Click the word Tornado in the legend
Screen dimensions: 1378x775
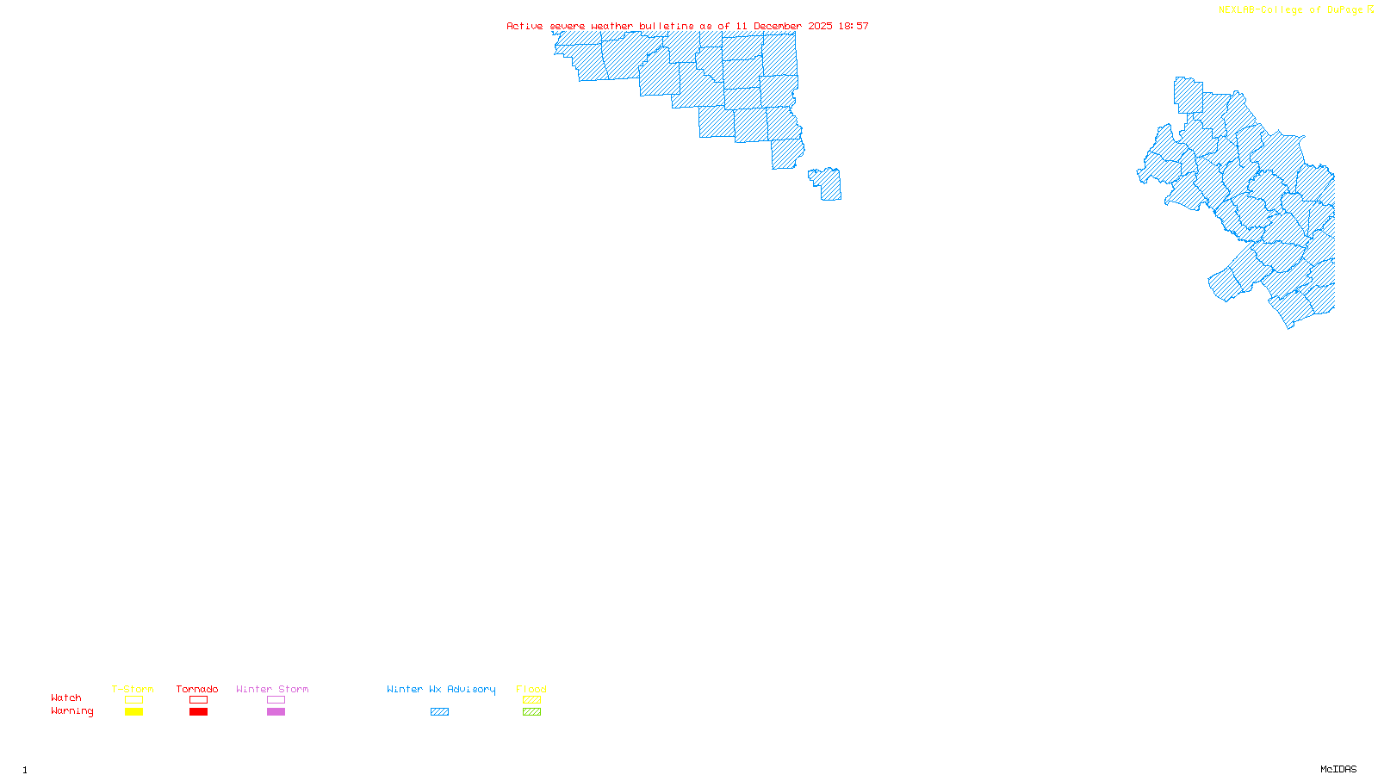click(x=197, y=689)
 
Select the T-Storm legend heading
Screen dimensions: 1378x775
click(x=133, y=689)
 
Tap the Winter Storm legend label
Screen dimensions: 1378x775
click(x=272, y=689)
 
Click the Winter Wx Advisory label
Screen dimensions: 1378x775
click(x=441, y=689)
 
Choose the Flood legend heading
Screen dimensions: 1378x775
click(x=531, y=689)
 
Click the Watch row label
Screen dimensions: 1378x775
click(x=66, y=697)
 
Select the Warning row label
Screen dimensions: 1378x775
click(x=72, y=711)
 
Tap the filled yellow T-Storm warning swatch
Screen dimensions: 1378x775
click(x=133, y=712)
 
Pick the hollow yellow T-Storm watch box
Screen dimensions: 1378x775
click(x=133, y=700)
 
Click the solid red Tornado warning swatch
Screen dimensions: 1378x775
click(x=199, y=712)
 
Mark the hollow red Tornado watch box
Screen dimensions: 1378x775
click(x=199, y=700)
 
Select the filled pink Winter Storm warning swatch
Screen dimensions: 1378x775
click(x=276, y=712)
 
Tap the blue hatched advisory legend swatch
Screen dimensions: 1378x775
click(x=439, y=712)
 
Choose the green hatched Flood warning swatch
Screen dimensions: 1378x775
click(x=532, y=712)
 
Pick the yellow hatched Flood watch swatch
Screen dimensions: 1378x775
click(x=532, y=700)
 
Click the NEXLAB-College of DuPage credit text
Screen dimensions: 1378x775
click(x=1291, y=10)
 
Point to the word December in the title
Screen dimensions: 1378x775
click(x=778, y=26)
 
